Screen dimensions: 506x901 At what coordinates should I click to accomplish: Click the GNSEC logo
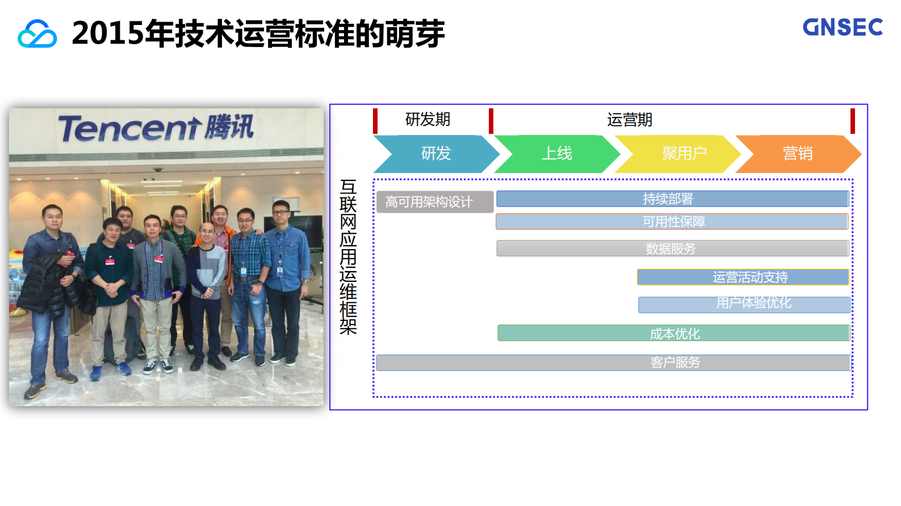pos(843,27)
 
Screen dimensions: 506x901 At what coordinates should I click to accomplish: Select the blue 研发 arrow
pos(435,154)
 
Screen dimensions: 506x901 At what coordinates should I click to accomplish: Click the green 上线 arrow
pos(557,154)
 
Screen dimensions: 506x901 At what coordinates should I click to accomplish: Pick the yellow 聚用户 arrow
pos(684,154)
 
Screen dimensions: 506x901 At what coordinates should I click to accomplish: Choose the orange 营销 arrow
pos(798,154)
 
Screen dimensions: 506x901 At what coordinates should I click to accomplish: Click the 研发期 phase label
pos(428,120)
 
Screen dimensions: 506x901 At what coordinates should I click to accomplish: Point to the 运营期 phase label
pos(630,120)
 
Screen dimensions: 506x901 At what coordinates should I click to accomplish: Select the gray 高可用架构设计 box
pos(434,202)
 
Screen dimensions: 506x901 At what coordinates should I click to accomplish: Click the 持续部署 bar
pos(672,199)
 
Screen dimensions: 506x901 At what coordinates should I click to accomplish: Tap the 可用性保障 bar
pos(672,222)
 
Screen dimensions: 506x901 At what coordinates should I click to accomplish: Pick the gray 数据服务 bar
pos(672,248)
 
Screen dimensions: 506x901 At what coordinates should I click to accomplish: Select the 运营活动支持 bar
pos(743,277)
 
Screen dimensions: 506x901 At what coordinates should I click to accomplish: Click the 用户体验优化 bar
pos(744,305)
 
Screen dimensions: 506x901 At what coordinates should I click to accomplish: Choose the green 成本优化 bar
pos(673,333)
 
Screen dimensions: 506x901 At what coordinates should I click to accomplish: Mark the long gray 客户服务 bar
pos(613,362)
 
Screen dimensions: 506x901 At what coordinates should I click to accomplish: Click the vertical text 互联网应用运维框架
pos(348,256)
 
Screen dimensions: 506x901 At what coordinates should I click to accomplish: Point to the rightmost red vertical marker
pos(852,121)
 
